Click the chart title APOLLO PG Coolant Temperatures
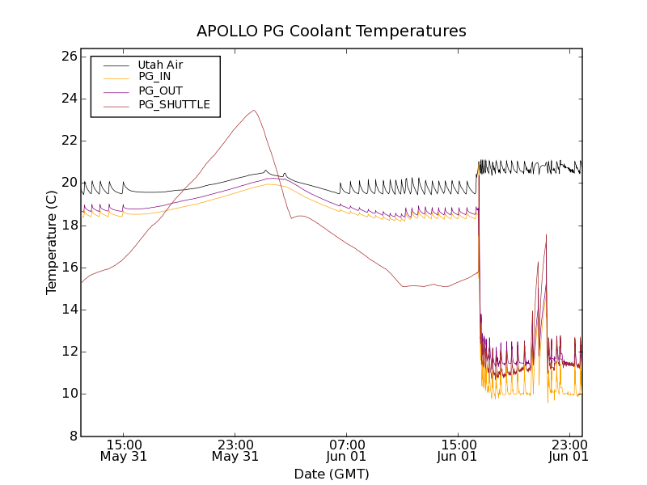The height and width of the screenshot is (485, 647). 332,32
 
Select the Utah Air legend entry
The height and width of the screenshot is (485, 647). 160,65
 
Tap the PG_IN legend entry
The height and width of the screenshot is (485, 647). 154,77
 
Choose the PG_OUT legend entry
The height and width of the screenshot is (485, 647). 160,91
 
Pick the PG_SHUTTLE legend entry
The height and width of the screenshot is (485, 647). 174,104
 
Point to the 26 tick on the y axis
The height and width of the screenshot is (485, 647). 68,57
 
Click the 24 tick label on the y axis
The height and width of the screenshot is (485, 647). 68,99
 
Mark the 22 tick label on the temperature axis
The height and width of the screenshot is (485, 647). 68,141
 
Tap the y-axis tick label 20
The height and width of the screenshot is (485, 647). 68,183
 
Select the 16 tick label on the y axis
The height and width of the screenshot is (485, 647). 68,268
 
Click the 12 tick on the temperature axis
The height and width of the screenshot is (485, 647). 68,352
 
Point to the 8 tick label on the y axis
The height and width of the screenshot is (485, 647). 72,436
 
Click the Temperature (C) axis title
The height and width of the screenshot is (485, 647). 52,242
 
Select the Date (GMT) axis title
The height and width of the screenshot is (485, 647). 332,474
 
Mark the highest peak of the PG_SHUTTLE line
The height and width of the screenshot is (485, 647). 254,111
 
